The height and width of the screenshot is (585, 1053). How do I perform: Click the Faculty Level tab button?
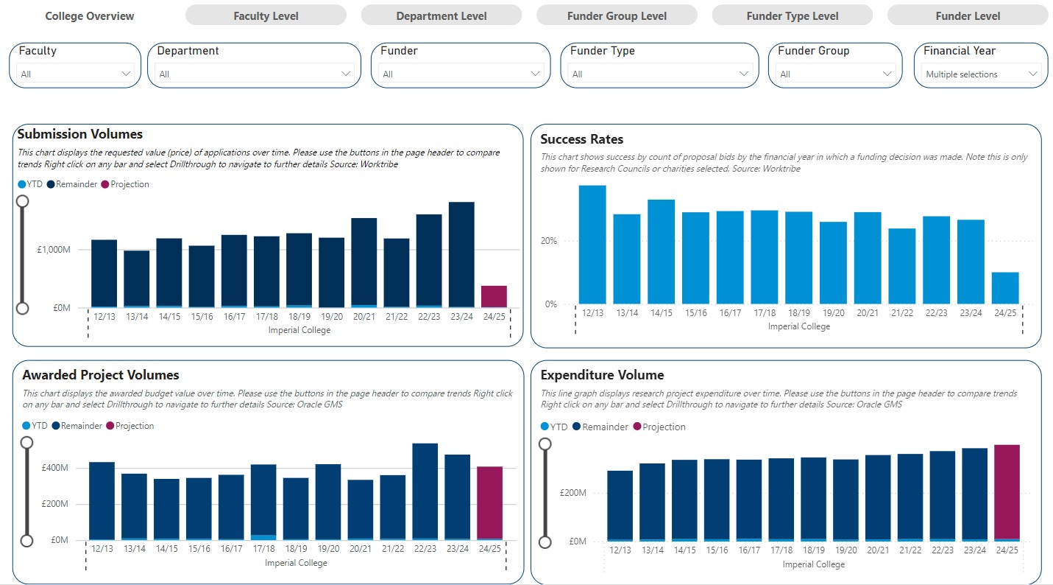pyautogui.click(x=266, y=15)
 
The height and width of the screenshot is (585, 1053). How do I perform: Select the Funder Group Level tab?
pyautogui.click(x=617, y=15)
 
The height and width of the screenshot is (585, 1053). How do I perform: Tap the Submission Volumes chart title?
pyautogui.click(x=79, y=134)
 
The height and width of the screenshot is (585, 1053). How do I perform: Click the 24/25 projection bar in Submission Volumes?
pyautogui.click(x=494, y=296)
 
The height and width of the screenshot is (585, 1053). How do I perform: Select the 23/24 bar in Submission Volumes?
pyautogui.click(x=461, y=254)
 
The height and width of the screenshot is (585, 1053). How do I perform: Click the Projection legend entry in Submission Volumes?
pyautogui.click(x=130, y=184)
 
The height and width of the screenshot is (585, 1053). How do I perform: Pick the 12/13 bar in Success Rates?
pyautogui.click(x=592, y=244)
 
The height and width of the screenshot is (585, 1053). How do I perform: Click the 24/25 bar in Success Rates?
pyautogui.click(x=1005, y=288)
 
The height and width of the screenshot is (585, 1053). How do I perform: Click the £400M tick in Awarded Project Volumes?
pyautogui.click(x=54, y=468)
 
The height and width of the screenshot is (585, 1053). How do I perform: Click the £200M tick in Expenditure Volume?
pyautogui.click(x=572, y=493)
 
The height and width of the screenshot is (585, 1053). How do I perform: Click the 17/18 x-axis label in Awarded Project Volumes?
pyautogui.click(x=263, y=549)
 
